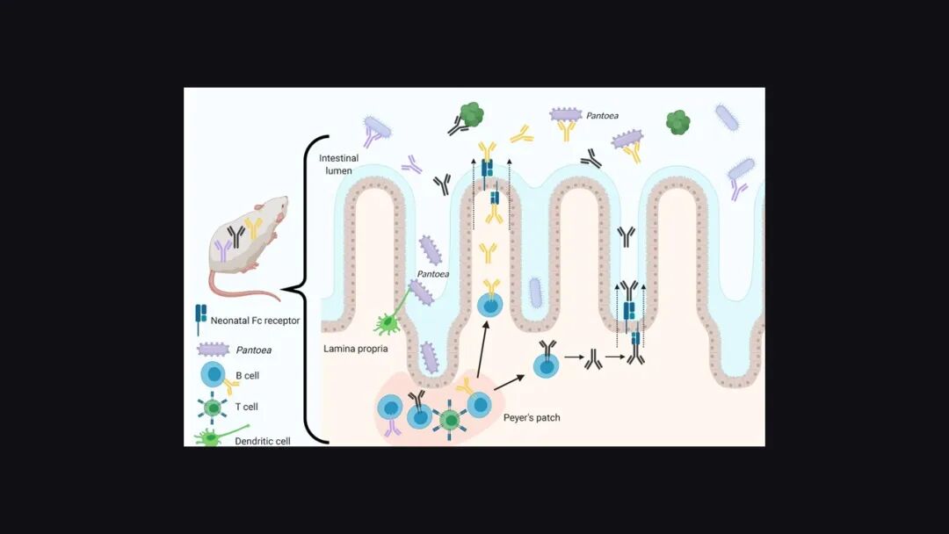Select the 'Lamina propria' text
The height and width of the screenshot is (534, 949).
(355, 349)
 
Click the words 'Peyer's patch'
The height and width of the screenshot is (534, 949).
(532, 417)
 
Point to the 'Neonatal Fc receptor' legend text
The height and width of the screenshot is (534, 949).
(255, 321)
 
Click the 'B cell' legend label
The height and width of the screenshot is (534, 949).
(247, 375)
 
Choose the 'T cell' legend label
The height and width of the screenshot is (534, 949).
(246, 407)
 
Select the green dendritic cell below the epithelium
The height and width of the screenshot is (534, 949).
(387, 324)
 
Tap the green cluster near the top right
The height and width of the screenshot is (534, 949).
(677, 122)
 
